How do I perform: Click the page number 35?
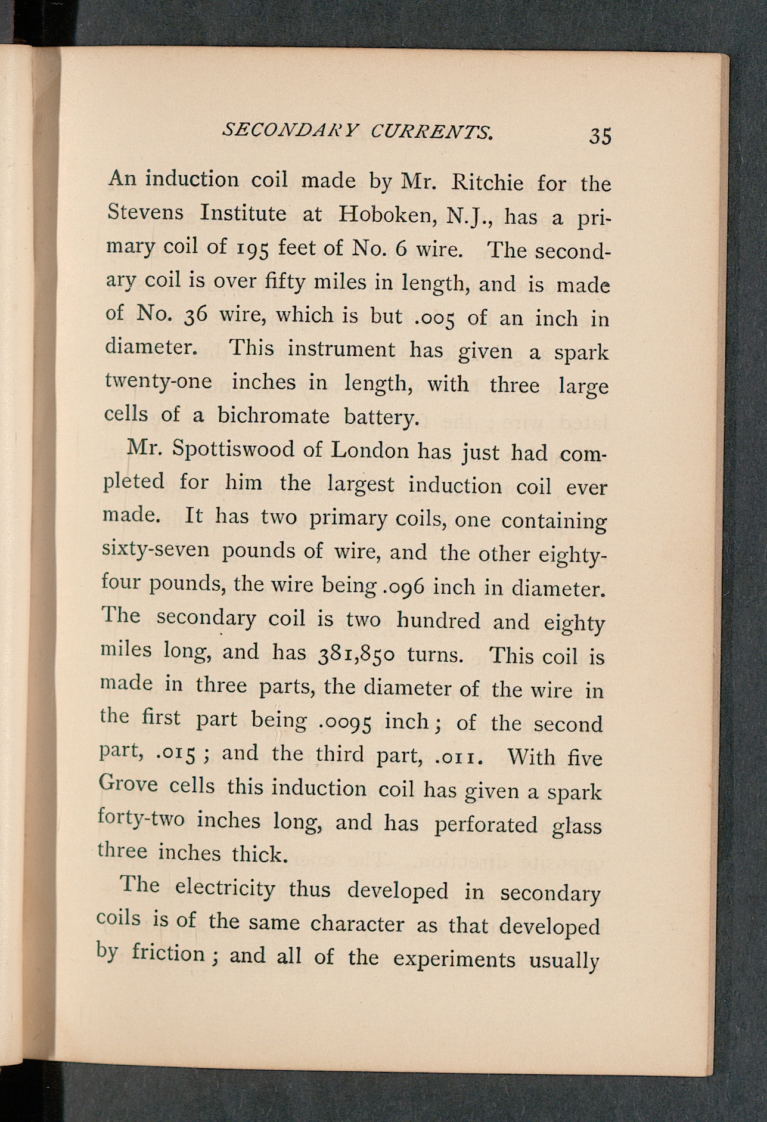pos(600,137)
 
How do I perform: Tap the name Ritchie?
pos(487,182)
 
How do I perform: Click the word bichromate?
pos(273,415)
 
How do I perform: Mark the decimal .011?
pos(458,757)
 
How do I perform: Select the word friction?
pos(168,952)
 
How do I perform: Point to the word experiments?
pos(454,959)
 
